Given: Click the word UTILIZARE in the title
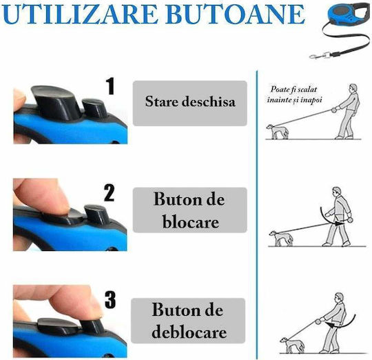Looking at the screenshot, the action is (80, 14).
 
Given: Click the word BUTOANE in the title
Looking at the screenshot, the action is (235, 14).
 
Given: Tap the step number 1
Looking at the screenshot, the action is (110, 86).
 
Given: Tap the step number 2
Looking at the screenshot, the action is (110, 193).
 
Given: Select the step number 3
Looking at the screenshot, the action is (110, 300).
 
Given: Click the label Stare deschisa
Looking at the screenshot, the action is (190, 101).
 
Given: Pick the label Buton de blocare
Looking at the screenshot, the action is (189, 210).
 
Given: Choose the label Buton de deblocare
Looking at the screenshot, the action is (189, 321).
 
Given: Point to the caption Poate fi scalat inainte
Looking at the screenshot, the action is (294, 94).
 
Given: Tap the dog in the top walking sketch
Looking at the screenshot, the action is (278, 132).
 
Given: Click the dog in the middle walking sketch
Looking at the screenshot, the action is (281, 239).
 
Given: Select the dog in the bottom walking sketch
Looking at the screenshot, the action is (292, 345).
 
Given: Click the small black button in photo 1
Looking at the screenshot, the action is (95, 108).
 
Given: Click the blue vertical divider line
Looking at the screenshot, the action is (257, 215).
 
